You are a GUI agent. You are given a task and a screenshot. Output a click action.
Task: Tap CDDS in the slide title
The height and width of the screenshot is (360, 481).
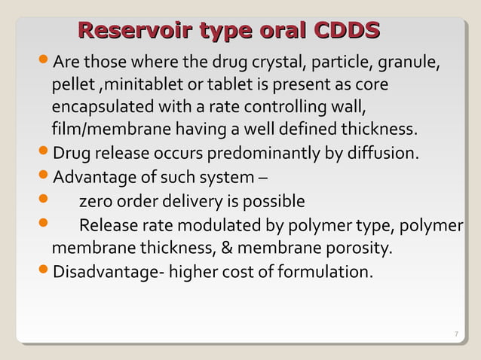click(x=347, y=31)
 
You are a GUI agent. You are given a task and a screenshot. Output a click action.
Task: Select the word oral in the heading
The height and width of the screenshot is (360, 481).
click(x=274, y=31)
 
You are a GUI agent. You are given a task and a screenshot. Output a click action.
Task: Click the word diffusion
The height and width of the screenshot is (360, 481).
click(x=382, y=154)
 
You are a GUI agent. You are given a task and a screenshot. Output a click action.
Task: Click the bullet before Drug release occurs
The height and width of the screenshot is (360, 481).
click(x=45, y=154)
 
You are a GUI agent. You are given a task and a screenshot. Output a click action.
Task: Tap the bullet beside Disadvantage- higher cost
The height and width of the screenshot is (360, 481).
click(x=45, y=270)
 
